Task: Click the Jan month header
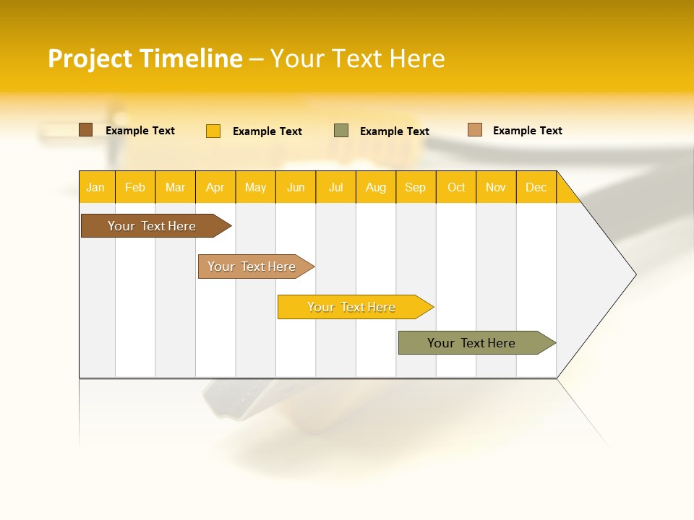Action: [x=95, y=187]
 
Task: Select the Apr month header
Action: [x=215, y=187]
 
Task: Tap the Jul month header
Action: [x=335, y=187]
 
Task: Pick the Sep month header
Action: [x=415, y=187]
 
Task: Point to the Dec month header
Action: [x=536, y=187]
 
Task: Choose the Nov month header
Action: [x=495, y=187]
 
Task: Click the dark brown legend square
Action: [x=85, y=130]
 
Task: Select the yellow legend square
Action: [x=213, y=131]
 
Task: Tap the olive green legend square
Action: [x=341, y=130]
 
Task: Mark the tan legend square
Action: [x=474, y=130]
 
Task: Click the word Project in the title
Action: [x=90, y=58]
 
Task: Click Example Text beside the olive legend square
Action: [x=394, y=131]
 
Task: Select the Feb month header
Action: [x=134, y=187]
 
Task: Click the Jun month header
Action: [x=295, y=187]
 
